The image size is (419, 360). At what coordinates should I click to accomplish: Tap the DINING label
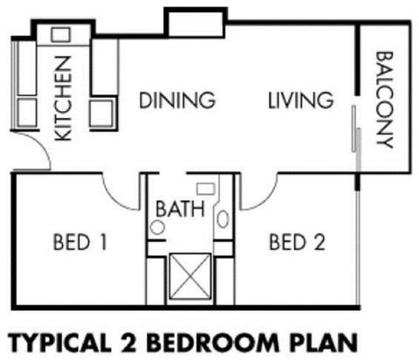point(177,100)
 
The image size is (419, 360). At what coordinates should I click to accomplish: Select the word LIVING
point(299,100)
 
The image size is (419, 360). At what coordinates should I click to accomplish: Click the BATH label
point(180,210)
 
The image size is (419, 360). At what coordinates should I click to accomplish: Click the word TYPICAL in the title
point(65,339)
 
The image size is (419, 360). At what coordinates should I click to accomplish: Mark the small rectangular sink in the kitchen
point(60,35)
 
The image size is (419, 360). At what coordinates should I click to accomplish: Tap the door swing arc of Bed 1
point(122,188)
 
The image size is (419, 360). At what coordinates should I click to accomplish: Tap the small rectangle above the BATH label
point(206,187)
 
